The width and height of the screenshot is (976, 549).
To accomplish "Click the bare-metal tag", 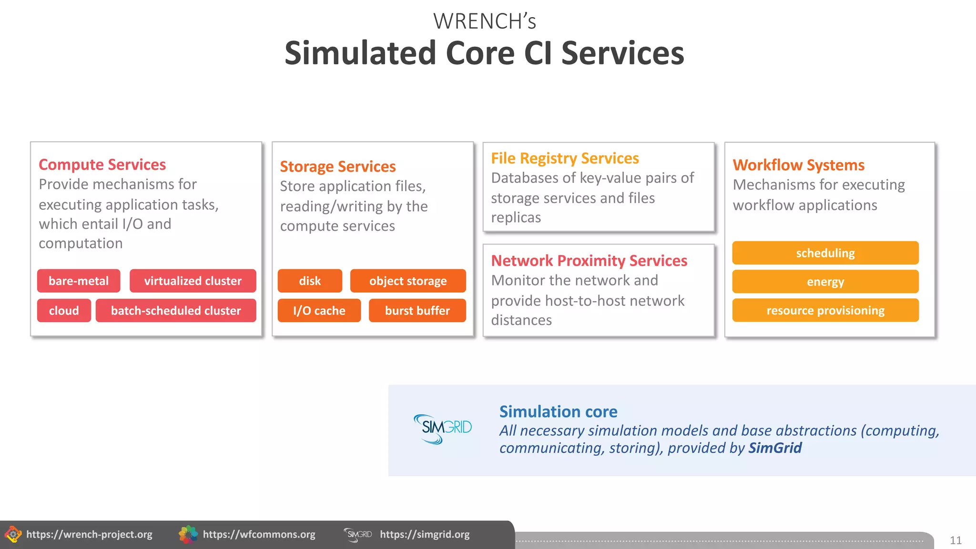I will pyautogui.click(x=79, y=281).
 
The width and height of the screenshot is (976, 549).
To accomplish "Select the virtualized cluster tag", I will pyautogui.click(x=193, y=281).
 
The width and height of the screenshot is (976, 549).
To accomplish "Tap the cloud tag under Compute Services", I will pyautogui.click(x=64, y=310).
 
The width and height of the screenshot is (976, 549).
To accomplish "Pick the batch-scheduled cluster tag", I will pyautogui.click(x=176, y=310).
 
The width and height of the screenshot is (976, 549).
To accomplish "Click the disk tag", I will pyautogui.click(x=310, y=281).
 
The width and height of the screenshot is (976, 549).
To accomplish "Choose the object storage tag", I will pyautogui.click(x=408, y=281).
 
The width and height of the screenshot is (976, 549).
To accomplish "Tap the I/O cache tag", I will pyautogui.click(x=319, y=310).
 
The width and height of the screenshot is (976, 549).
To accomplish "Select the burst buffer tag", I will pyautogui.click(x=417, y=310).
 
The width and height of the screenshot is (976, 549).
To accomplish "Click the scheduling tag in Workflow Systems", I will pyautogui.click(x=825, y=253).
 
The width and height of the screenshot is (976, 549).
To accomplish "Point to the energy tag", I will pyautogui.click(x=825, y=282).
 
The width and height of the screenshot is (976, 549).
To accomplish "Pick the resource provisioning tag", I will pyautogui.click(x=825, y=310).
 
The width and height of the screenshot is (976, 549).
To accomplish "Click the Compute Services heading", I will pyautogui.click(x=102, y=164).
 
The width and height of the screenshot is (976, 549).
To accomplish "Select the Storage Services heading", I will pyautogui.click(x=338, y=166).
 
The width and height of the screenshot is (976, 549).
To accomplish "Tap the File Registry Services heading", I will pyautogui.click(x=565, y=158).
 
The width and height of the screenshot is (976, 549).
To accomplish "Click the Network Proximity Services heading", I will pyautogui.click(x=589, y=261).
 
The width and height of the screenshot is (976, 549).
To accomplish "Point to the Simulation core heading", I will pyautogui.click(x=558, y=411).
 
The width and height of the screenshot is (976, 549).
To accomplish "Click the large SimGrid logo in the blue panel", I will pyautogui.click(x=443, y=428).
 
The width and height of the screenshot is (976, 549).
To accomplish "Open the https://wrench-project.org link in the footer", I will pyautogui.click(x=89, y=534).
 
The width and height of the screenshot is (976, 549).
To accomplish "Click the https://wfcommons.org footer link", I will pyautogui.click(x=259, y=534).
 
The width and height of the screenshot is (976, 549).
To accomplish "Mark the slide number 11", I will pyautogui.click(x=956, y=540).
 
